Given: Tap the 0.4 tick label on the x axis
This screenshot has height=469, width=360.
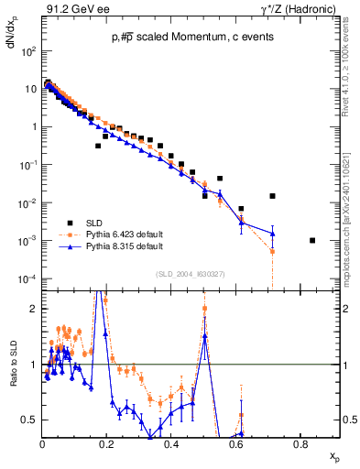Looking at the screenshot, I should [171, 444].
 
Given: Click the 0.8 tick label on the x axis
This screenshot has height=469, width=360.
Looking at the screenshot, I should [300, 444].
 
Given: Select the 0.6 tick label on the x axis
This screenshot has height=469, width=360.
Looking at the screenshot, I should [235, 444].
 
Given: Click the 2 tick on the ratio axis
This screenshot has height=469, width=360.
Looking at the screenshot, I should [34, 309].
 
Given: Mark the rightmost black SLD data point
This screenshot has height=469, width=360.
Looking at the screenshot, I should [312, 240].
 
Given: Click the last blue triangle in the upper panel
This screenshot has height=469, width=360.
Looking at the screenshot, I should [272, 233].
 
